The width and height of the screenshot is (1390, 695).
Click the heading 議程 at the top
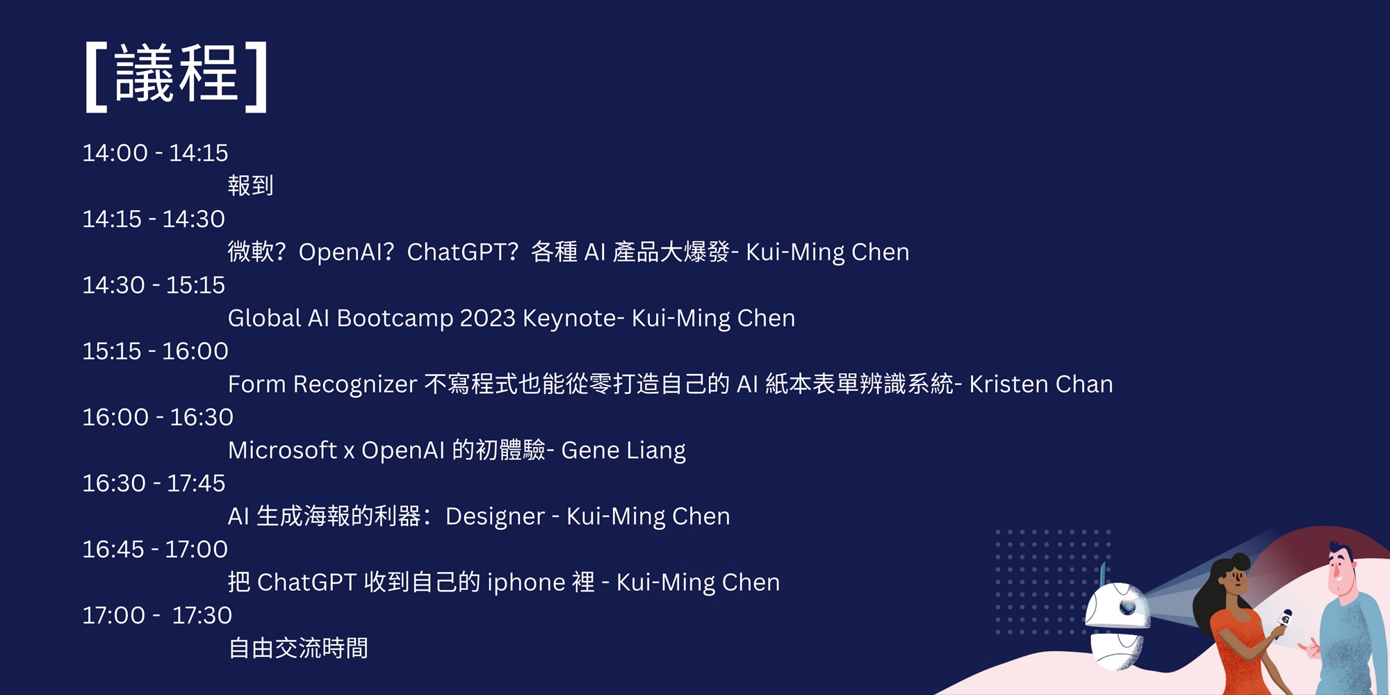tap(177, 75)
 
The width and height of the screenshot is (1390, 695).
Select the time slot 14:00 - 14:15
tap(155, 153)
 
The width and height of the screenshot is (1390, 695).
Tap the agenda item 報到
tap(250, 186)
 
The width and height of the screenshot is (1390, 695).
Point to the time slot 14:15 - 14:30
tap(154, 219)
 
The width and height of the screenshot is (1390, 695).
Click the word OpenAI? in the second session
tap(347, 252)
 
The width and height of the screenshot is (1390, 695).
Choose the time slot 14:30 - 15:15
tap(154, 285)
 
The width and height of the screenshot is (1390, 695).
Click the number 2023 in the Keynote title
tap(487, 318)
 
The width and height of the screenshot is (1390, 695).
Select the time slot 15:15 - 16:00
tap(155, 351)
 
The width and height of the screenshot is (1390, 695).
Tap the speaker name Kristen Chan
tap(1041, 384)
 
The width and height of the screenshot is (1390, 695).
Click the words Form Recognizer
tap(322, 384)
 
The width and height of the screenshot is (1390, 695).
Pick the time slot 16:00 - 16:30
tap(158, 417)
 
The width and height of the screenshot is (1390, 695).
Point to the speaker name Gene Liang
tap(623, 450)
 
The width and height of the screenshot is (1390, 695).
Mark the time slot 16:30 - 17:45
tap(154, 483)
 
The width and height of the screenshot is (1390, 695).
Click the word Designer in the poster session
tap(495, 516)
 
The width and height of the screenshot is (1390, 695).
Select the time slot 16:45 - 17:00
tap(155, 549)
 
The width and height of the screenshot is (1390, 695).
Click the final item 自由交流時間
tap(298, 648)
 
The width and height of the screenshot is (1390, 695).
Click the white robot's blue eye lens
tap(1127, 607)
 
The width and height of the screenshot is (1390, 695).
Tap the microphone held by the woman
tap(1283, 621)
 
